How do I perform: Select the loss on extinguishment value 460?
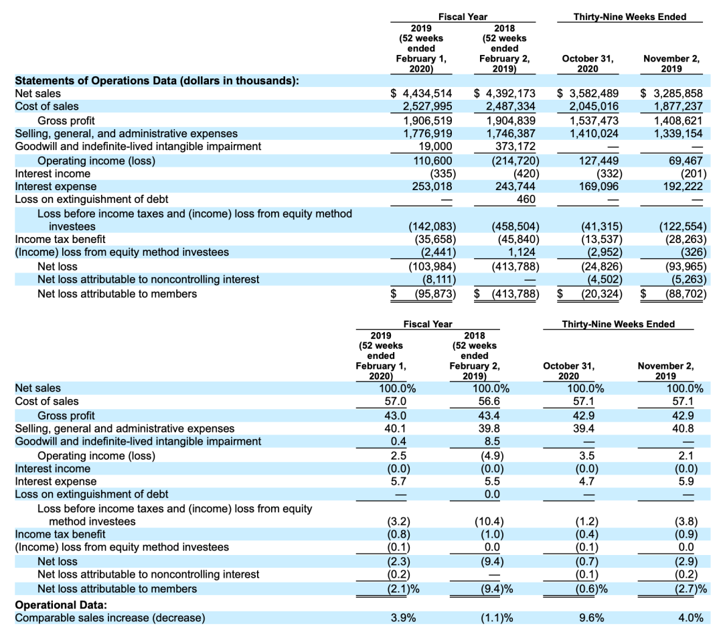pos(526,200)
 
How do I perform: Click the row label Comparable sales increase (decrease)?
pos(110,617)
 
